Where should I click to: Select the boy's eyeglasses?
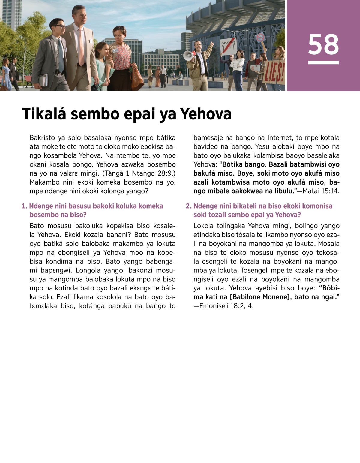tap(60, 27)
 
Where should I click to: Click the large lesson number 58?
tap(323, 45)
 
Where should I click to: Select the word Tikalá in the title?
tap(44, 114)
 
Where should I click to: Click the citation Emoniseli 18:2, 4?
tap(226, 306)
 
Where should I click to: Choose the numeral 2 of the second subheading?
tap(188, 206)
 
